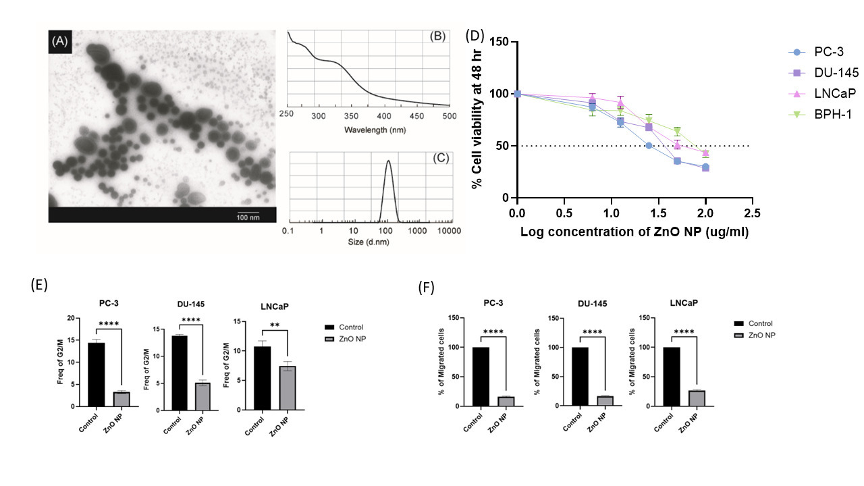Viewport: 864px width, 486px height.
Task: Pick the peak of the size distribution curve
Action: [388, 161]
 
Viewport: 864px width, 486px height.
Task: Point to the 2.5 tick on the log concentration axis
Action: [753, 213]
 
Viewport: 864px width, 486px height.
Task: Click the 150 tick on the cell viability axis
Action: [501, 42]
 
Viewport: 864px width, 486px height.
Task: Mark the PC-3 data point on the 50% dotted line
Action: [649, 146]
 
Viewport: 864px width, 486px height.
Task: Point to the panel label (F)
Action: [427, 287]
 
